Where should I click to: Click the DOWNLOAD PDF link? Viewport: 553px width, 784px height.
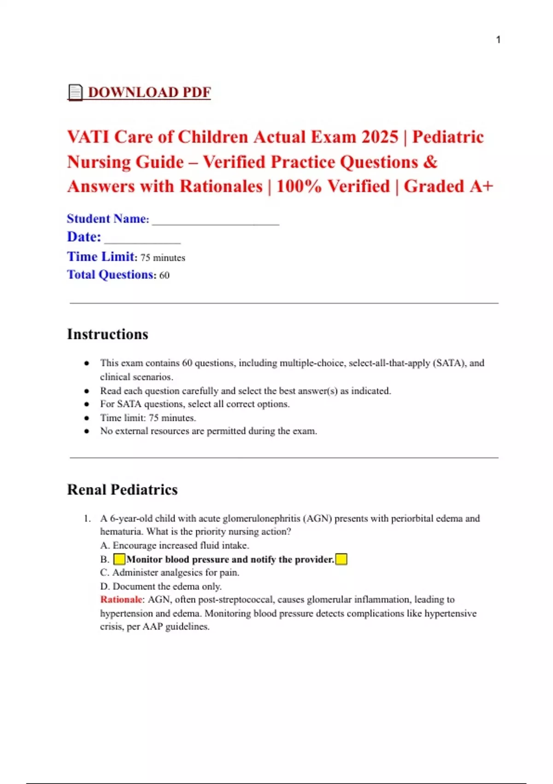click(149, 92)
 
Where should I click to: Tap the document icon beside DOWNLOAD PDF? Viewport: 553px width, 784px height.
click(75, 92)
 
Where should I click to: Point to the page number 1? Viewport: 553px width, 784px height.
click(498, 40)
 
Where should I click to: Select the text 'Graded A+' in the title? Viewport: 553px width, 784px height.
click(448, 186)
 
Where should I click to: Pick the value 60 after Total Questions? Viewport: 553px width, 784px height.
click(165, 275)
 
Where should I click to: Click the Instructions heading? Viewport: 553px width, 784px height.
click(108, 334)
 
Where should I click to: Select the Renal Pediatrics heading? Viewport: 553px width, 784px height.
click(123, 489)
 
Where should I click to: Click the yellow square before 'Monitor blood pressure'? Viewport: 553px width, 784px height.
click(119, 559)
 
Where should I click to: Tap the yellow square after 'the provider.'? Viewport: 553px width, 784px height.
click(341, 559)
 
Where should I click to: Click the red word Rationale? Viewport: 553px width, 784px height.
click(121, 600)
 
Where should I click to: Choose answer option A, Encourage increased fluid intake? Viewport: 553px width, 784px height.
click(175, 546)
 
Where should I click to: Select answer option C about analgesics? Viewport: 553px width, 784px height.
click(170, 573)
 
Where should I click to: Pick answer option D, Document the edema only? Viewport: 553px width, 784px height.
click(161, 586)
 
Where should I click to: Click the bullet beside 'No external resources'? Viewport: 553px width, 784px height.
click(87, 431)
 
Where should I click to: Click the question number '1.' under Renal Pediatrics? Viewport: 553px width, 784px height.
click(88, 518)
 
